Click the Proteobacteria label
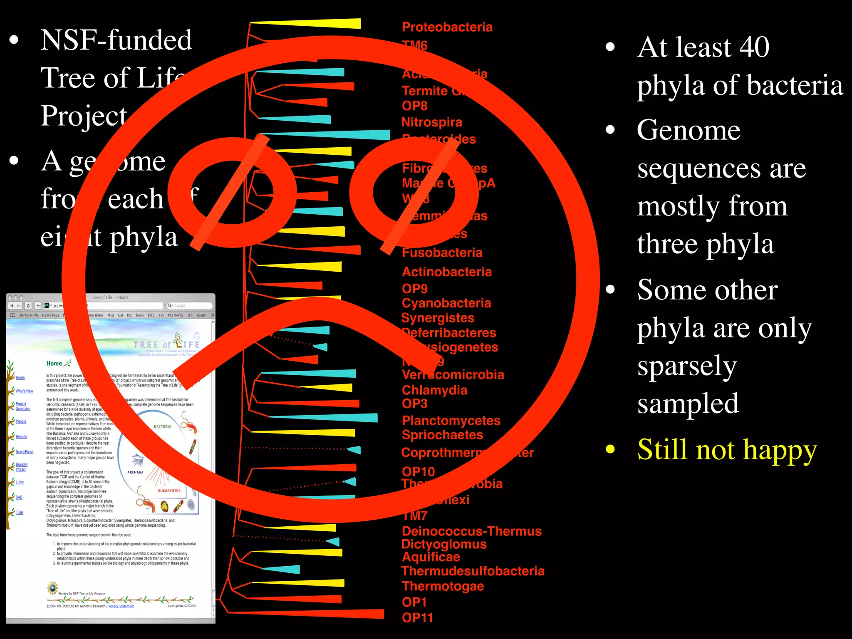[x=447, y=27]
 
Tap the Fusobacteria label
[x=442, y=253]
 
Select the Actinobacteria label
[x=446, y=272]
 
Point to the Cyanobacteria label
[x=446, y=303]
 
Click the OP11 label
[x=417, y=618]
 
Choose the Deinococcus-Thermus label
[x=471, y=531]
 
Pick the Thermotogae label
[x=443, y=586]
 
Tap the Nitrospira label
[x=431, y=122]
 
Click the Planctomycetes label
[x=451, y=421]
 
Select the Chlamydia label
[x=434, y=390]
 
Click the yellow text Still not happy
[x=726, y=450]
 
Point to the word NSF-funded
[x=116, y=40]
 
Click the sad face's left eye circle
[x=232, y=193]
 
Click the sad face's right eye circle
[x=414, y=193]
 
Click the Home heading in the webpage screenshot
[x=54, y=363]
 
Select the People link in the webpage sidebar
[x=21, y=421]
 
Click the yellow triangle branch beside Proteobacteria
[x=324, y=24]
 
